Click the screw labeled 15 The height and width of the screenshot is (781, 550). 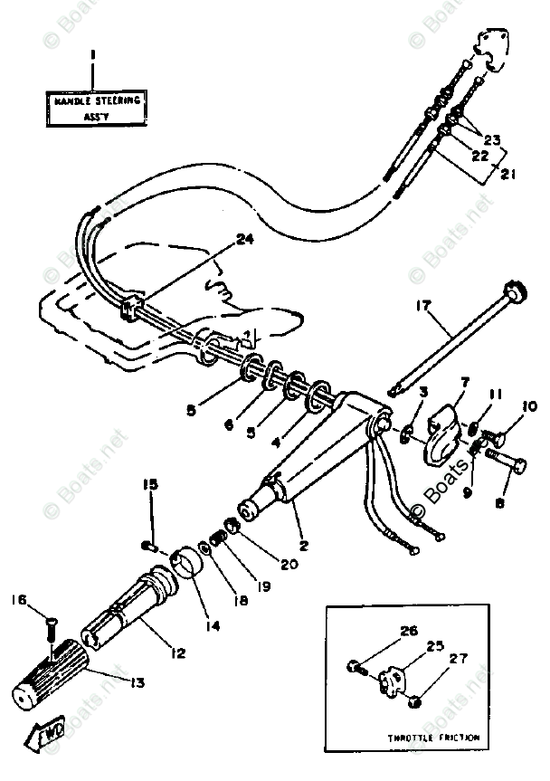pos(149,545)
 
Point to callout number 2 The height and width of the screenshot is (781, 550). pos(304,546)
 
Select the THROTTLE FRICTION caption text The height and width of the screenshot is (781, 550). pos(435,738)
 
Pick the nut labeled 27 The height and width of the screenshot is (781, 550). pos(413,701)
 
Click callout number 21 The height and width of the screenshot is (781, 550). pos(509,174)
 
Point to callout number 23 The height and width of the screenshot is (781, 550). pos(492,140)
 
